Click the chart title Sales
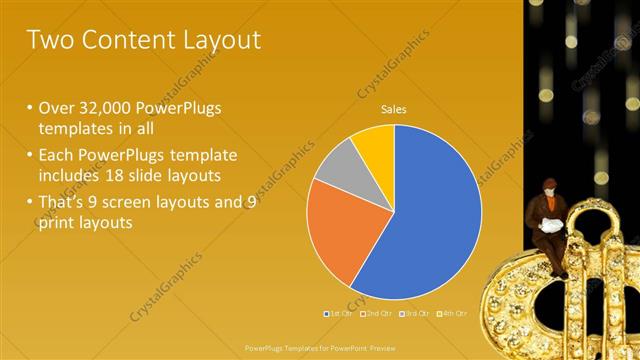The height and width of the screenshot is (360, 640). (394, 109)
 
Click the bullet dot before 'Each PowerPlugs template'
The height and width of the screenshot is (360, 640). (31, 155)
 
